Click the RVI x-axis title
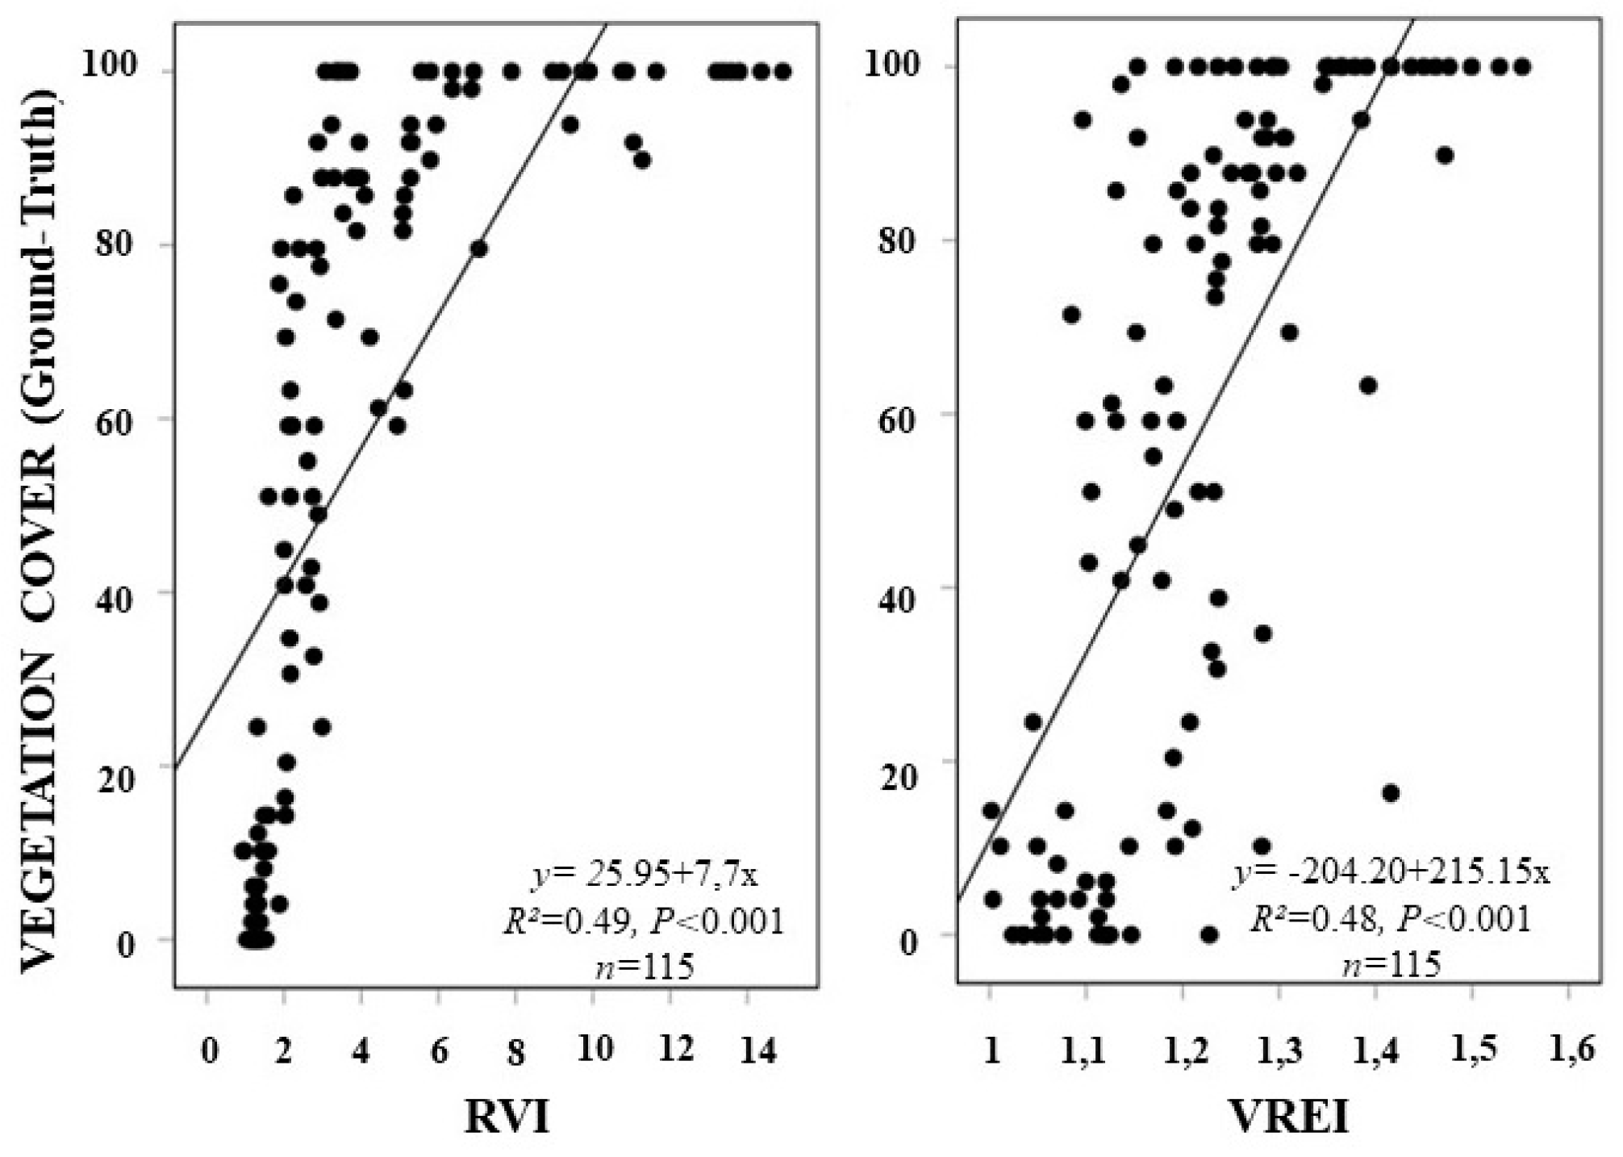coord(507,1117)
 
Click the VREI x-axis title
coord(1288,1117)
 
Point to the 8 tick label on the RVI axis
coord(515,1051)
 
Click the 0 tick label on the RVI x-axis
coord(210,1051)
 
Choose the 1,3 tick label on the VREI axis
coord(1281,1050)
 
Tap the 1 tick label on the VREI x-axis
coord(991,1050)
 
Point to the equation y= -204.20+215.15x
coord(1390,871)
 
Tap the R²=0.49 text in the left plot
coord(565,921)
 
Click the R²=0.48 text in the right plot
coord(1312,917)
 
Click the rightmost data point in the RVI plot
coord(782,72)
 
